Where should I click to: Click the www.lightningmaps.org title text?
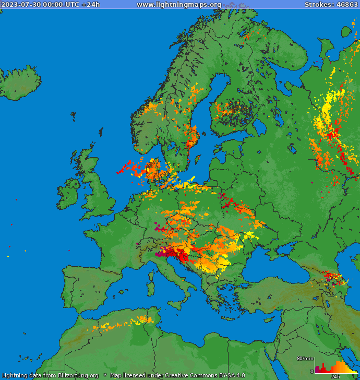click(178, 4)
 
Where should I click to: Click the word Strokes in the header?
click(319, 4)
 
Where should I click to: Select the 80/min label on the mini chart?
click(305, 358)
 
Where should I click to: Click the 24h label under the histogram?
click(335, 376)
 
